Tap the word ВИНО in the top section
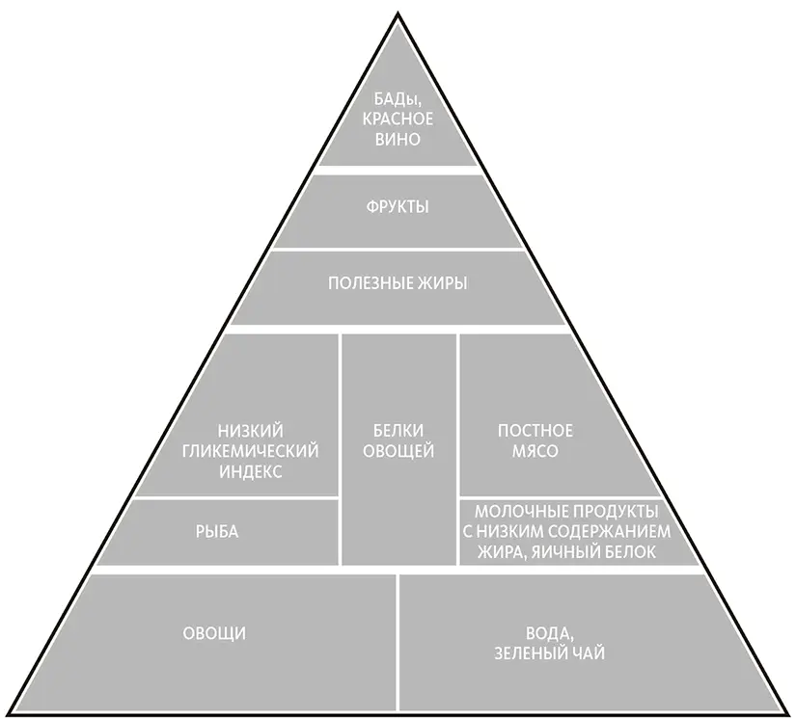point(398,139)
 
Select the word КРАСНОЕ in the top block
point(398,119)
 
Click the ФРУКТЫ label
point(398,207)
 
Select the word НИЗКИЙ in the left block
point(251,430)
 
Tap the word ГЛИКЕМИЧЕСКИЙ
point(251,451)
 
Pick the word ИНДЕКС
point(251,472)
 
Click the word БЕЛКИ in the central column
point(398,430)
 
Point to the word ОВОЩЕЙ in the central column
point(398,451)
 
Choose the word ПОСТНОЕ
point(535,430)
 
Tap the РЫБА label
point(217,531)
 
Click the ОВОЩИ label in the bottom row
point(214,633)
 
